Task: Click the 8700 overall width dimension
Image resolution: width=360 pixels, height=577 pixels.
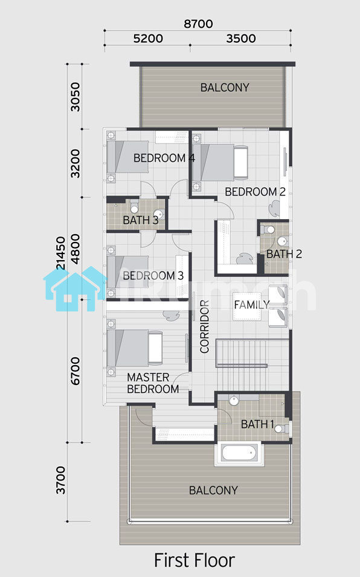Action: [x=198, y=24]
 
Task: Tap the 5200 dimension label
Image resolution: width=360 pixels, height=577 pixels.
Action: [x=148, y=38]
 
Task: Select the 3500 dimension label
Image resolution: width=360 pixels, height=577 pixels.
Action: [x=241, y=38]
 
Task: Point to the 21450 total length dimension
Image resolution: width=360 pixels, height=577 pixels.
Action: [x=60, y=253]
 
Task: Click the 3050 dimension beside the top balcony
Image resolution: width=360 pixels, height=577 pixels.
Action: [x=75, y=97]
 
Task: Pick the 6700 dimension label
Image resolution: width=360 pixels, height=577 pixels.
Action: [x=75, y=371]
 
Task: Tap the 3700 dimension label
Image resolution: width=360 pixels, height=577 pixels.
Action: [x=60, y=480]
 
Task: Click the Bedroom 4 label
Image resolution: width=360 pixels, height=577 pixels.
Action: [x=164, y=158]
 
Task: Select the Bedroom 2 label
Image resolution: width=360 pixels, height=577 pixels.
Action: [x=255, y=192]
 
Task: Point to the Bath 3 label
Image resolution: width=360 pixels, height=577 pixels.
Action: [x=141, y=220]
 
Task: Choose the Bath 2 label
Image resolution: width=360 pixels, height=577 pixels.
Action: [x=284, y=254]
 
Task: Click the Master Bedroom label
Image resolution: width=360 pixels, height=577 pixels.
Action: [x=153, y=383]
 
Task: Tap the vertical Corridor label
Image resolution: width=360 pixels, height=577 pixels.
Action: [x=204, y=327]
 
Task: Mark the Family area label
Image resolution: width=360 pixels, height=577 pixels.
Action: [x=252, y=305]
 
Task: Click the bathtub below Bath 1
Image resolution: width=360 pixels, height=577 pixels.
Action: [x=239, y=453]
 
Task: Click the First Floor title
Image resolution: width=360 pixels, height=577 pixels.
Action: [x=194, y=560]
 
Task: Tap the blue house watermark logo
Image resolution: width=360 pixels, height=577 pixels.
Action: [x=75, y=288]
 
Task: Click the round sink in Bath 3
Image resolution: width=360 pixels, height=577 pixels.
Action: [x=158, y=214]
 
